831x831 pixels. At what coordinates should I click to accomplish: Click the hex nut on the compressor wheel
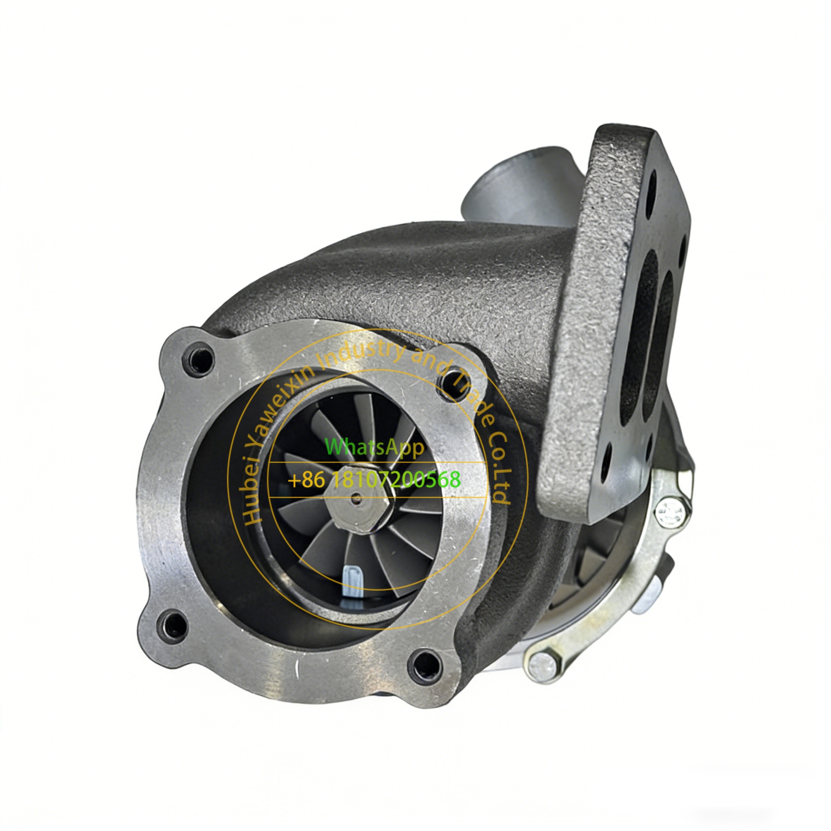358,501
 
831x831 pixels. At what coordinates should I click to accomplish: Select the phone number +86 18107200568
374,479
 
